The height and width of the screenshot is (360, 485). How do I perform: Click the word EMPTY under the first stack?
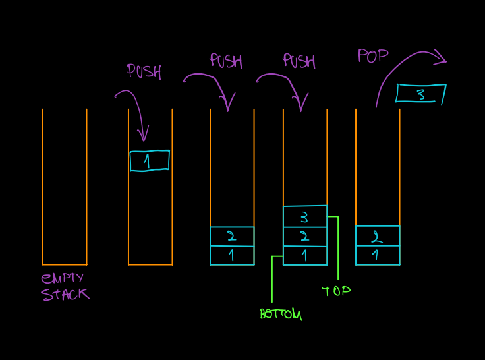pyautogui.click(x=63, y=278)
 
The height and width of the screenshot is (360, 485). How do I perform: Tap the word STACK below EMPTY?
pyautogui.click(x=65, y=294)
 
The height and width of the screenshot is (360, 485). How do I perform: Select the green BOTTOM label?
pyautogui.click(x=280, y=315)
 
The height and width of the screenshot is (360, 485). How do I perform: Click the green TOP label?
pyautogui.click(x=335, y=291)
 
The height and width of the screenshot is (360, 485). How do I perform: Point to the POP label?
pyautogui.click(x=373, y=56)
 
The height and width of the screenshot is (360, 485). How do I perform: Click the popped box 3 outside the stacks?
pyautogui.click(x=420, y=94)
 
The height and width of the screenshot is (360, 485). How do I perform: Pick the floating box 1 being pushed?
pyautogui.click(x=149, y=161)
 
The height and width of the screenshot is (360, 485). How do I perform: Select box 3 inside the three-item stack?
pyautogui.click(x=304, y=216)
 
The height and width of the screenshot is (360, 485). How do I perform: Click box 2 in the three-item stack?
pyautogui.click(x=304, y=236)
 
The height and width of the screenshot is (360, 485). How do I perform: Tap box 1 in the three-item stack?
pyautogui.click(x=304, y=255)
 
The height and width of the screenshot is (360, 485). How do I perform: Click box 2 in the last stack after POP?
pyautogui.click(x=377, y=236)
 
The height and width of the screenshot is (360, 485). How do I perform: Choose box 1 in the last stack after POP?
pyautogui.click(x=377, y=255)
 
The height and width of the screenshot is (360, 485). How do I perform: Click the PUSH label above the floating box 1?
pyautogui.click(x=144, y=71)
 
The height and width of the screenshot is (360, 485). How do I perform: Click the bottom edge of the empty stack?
pyautogui.click(x=65, y=264)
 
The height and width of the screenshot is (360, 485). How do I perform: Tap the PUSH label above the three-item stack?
pyautogui.click(x=299, y=61)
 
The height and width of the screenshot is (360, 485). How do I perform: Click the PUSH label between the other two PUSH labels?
pyautogui.click(x=226, y=61)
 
